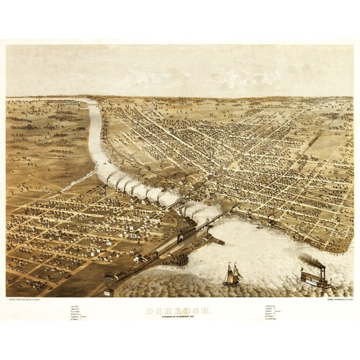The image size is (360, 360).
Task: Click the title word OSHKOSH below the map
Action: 179,310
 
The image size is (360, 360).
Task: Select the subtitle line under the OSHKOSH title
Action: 179,317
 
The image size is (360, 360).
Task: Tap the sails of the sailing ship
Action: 232,271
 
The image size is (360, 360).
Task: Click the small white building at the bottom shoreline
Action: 108,292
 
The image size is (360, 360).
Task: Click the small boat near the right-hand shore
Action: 259,226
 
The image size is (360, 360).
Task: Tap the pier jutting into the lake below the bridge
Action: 216,239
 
